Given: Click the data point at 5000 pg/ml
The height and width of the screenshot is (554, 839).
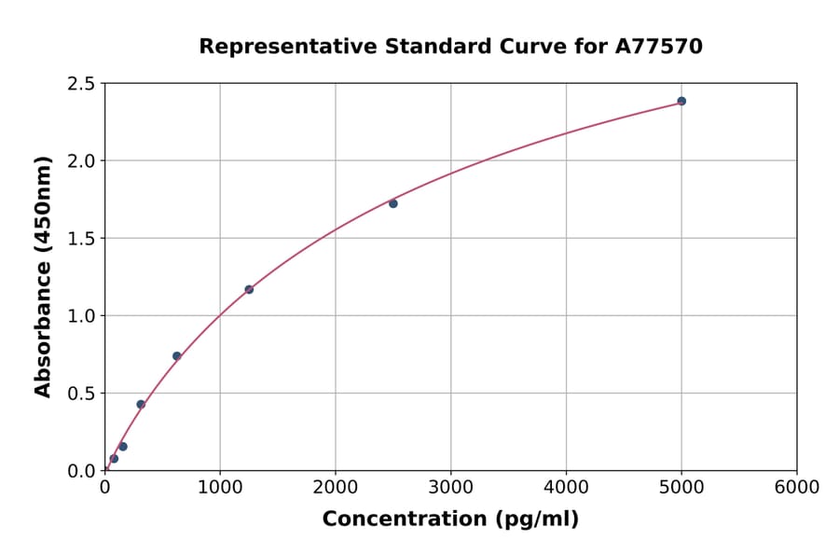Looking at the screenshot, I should (681, 101).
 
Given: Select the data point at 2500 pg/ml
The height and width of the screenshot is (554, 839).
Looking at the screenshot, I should (393, 203).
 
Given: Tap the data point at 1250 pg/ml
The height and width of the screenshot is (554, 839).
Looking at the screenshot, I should (249, 289).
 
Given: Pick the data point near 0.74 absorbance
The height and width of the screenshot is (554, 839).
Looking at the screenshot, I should (177, 356).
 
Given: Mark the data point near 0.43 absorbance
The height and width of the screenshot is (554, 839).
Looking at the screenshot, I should (141, 404).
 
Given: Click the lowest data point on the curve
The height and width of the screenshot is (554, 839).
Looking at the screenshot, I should (114, 458).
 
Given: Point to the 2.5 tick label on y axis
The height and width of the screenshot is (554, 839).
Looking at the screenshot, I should (81, 84).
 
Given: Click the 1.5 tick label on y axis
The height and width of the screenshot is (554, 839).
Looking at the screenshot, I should (81, 239).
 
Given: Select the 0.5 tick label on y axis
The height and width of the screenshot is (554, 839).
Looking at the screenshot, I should (81, 394).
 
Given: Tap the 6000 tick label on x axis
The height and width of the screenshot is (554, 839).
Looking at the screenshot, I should (797, 488).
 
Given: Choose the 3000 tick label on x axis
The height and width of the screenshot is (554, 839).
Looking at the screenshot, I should (451, 488).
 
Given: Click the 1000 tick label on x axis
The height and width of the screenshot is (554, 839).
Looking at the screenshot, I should (220, 488).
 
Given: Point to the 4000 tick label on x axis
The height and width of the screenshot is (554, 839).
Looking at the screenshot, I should (566, 488).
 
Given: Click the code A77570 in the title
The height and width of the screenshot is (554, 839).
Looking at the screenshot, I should (658, 47).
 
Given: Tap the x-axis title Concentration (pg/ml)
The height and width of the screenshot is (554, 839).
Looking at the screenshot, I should (450, 519).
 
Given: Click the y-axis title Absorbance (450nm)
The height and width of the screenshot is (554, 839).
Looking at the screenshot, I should (43, 276).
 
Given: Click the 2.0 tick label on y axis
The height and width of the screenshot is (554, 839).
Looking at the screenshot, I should (81, 161).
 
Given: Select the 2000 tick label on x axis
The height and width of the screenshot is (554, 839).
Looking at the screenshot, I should (336, 488).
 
